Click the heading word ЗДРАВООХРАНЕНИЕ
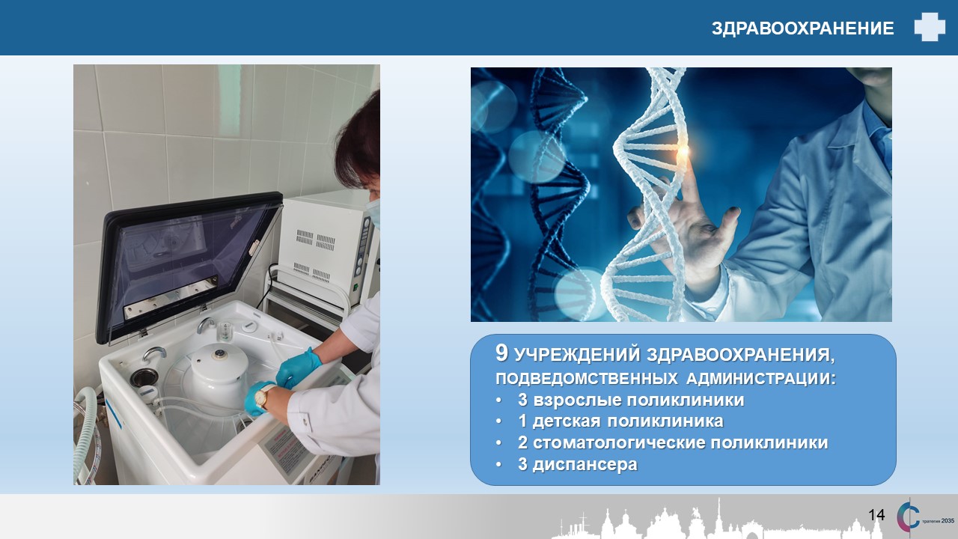pyautogui.click(x=803, y=28)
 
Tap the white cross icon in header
pyautogui.click(x=930, y=27)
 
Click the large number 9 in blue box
pyautogui.click(x=501, y=353)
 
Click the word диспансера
pyautogui.click(x=585, y=465)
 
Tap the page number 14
pyautogui.click(x=876, y=514)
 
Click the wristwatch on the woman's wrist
pyautogui.click(x=263, y=396)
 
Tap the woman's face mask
pyautogui.click(x=373, y=212)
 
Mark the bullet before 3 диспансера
pyautogui.click(x=498, y=465)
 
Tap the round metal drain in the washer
pyautogui.click(x=144, y=377)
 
